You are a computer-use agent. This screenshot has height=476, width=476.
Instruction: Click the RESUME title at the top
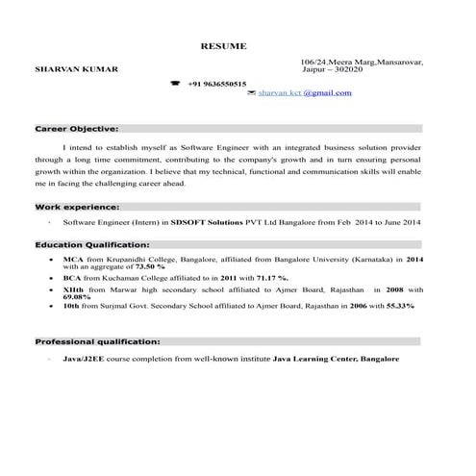(x=223, y=46)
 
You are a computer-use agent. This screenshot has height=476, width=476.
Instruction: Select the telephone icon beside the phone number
(x=175, y=84)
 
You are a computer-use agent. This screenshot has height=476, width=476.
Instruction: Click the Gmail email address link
(x=306, y=93)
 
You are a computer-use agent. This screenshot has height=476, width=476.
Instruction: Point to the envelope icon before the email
(x=251, y=93)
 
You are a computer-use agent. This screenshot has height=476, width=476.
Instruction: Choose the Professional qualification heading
(x=97, y=341)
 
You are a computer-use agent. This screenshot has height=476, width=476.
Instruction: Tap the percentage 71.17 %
(x=266, y=277)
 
